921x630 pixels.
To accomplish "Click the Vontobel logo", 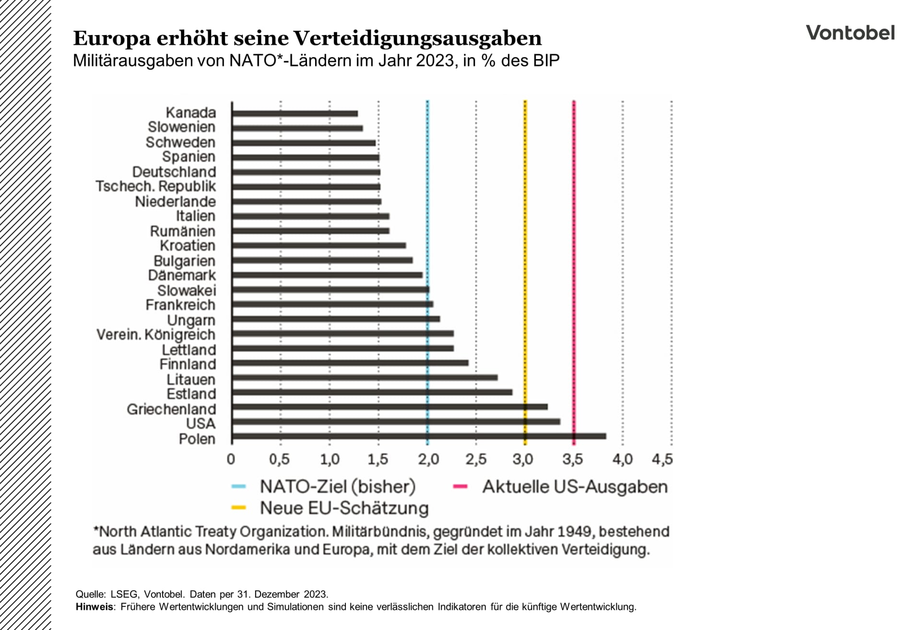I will [850, 33].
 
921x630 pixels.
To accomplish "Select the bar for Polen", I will [418, 436].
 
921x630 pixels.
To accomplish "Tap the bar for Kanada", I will [295, 114].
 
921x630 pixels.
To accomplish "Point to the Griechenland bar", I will [389, 407].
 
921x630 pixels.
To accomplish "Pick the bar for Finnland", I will [350, 363].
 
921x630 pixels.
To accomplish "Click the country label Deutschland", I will [174, 172].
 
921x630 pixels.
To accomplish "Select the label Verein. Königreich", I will [156, 334].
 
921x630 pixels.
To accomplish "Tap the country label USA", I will [201, 424].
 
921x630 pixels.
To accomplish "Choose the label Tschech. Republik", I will [156, 186].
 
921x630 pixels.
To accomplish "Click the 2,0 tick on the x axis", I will [428, 459].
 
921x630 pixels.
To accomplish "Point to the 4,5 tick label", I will [662, 459].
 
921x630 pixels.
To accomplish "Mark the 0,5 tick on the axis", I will [280, 459].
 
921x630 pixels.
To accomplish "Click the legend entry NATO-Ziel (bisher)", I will [337, 487].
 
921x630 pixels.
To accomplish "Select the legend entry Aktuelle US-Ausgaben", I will [575, 487].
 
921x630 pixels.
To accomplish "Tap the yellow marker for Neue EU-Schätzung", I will [238, 508].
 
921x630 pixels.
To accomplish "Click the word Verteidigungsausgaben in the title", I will [417, 38].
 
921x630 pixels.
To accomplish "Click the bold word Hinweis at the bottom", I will [94, 607].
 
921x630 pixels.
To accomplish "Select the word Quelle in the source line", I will [90, 594].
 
